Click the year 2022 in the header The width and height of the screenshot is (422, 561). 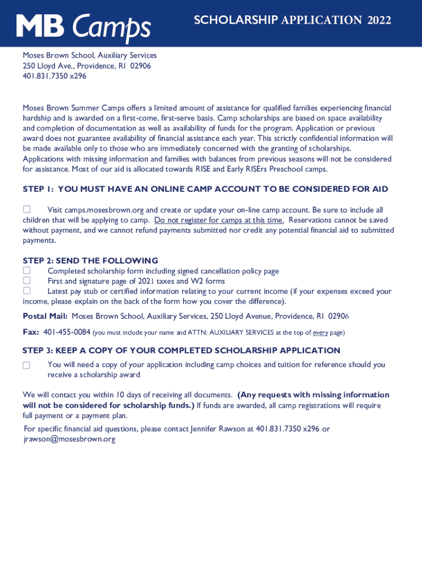379,21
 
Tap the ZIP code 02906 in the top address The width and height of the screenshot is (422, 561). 140,66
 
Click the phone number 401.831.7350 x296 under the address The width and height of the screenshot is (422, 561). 54,76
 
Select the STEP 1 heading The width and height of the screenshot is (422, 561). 205,189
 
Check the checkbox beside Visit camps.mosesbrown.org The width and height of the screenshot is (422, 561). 26,210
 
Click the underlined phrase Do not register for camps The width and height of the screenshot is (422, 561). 219,220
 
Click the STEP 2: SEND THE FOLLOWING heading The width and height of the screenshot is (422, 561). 90,261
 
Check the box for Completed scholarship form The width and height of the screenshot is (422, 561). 26,271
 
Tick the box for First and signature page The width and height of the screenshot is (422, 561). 26,280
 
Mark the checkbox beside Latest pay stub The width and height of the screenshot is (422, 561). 26,291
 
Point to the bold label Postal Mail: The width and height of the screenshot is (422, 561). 45,317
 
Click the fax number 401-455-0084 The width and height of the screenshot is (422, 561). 67,332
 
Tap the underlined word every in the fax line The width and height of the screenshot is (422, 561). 320,333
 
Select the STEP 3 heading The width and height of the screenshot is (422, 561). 181,351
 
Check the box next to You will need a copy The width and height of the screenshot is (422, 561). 26,365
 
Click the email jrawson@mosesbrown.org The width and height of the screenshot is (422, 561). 70,439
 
